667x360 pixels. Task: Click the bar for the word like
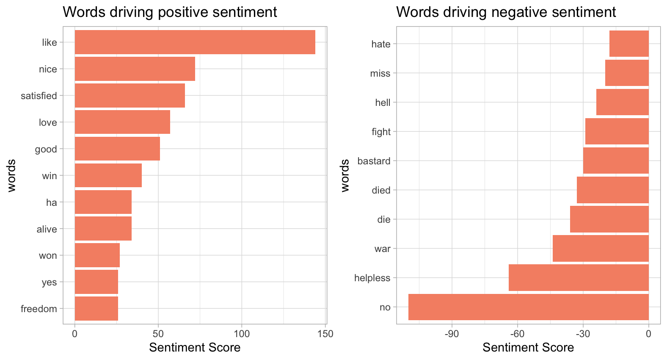coord(195,42)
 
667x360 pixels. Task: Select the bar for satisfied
coord(130,95)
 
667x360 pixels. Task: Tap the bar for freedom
coord(96,308)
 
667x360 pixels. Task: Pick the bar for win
coord(108,175)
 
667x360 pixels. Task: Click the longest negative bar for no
coord(528,307)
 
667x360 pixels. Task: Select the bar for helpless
coord(579,277)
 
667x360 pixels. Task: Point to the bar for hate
coord(629,44)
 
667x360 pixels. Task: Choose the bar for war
coord(601,248)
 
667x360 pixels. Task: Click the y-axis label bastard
coord(374,161)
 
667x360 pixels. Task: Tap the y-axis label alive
coord(47,229)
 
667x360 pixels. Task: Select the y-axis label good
coord(46,149)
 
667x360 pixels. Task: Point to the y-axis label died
coord(381,190)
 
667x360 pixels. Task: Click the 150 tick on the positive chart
coord(325,334)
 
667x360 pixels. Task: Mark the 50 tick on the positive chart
coord(158,334)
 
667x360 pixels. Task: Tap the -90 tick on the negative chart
coord(452,334)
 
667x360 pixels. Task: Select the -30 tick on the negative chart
coord(583,334)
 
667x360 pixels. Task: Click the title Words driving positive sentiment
coord(170,12)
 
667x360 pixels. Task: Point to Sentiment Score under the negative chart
coord(528,348)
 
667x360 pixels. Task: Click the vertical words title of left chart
coord(11,175)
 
